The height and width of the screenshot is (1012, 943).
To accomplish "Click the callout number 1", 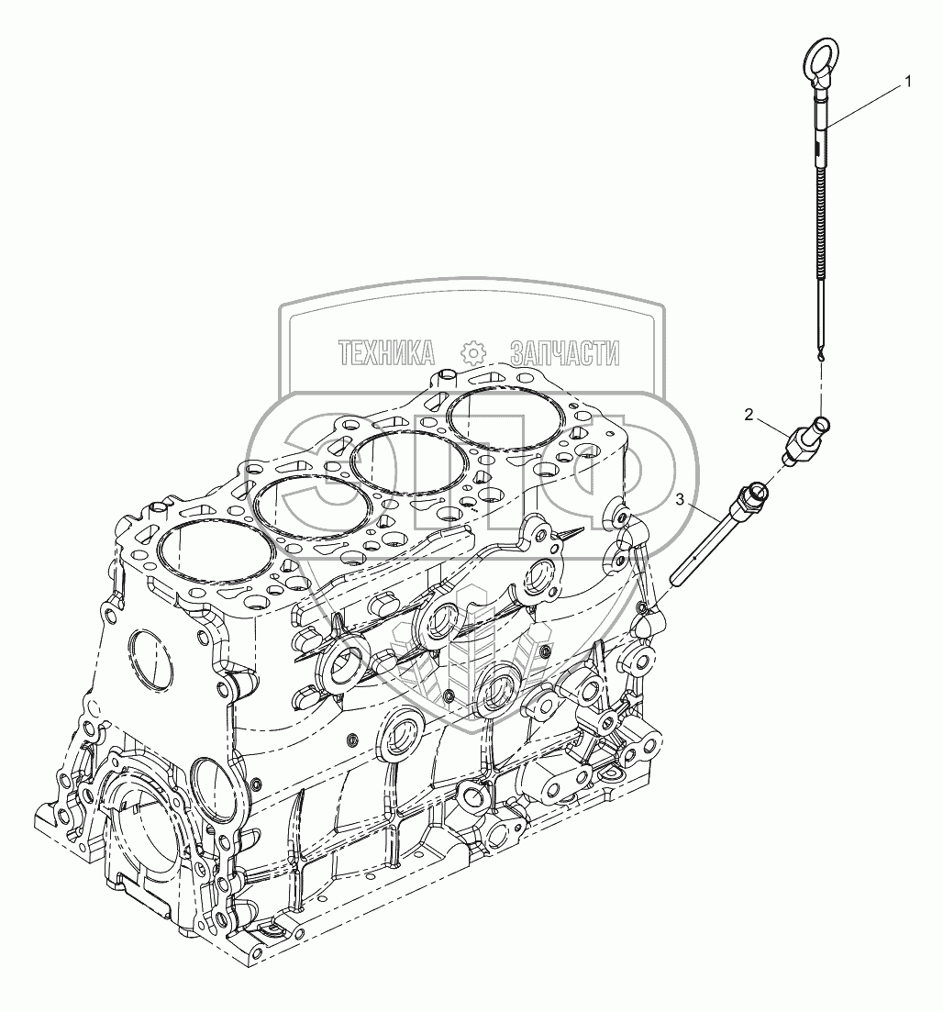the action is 907,82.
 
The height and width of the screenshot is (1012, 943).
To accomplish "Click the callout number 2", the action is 749,415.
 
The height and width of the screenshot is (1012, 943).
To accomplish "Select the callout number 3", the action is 680,499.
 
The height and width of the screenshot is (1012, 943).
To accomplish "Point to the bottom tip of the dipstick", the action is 821,360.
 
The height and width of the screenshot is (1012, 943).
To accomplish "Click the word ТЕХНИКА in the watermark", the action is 386,353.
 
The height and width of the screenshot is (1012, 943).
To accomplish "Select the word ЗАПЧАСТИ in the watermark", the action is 564,353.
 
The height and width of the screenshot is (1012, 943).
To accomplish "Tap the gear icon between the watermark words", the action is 472,353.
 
